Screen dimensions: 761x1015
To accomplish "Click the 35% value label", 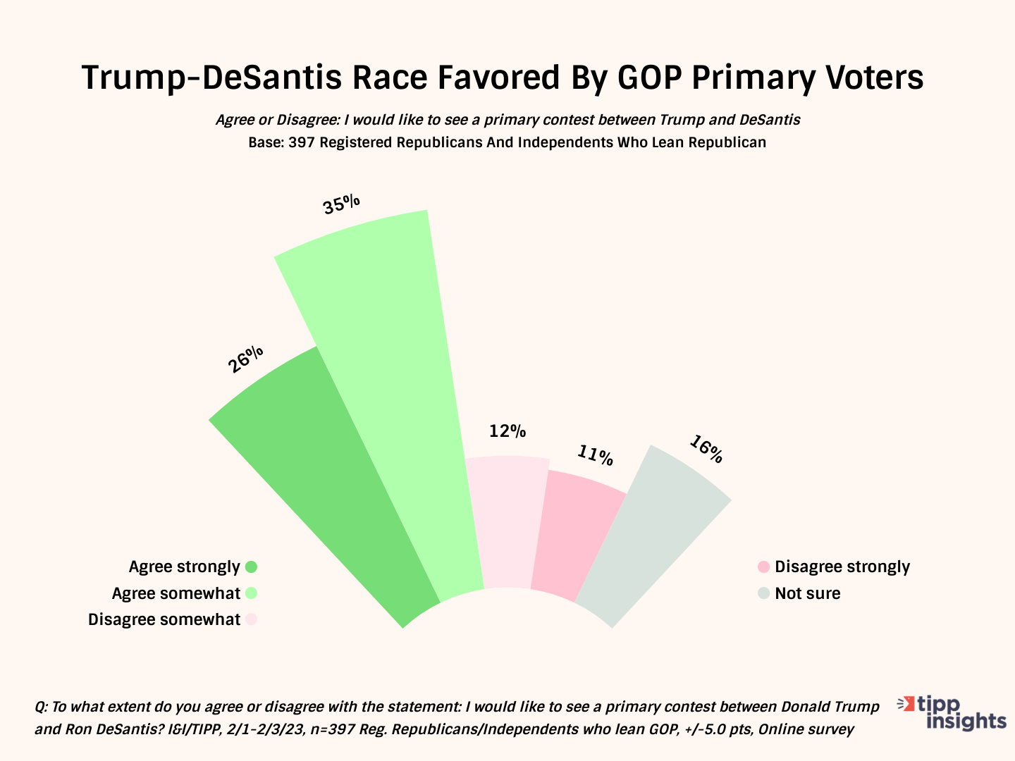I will pos(342,204).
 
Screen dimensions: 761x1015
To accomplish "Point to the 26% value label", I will pos(246,359).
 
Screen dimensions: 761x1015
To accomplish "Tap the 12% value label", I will pos(508,431).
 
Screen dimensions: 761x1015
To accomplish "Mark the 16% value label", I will pos(706,450).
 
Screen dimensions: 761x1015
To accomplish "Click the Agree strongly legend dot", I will pos(251,567).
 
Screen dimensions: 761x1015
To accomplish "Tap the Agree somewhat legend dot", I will pos(251,593).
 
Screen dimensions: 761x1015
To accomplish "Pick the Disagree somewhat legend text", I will pos(164,619).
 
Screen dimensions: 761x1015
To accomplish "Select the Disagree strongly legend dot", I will pos(763,567).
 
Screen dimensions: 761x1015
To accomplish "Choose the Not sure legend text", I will pos(808,593).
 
